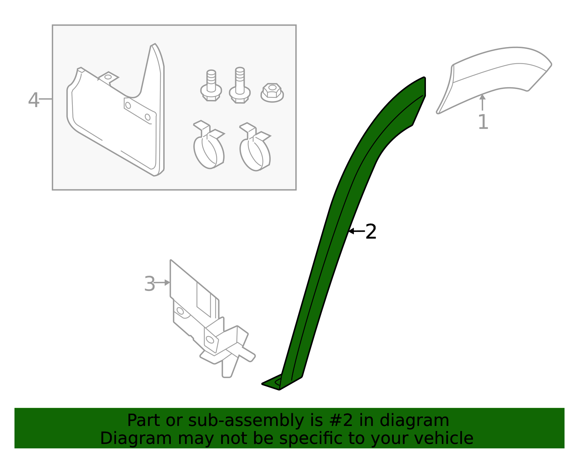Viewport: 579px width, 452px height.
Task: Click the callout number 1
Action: pyautogui.click(x=483, y=122)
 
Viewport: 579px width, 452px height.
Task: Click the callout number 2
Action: pyautogui.click(x=371, y=232)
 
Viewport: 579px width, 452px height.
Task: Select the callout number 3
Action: pyautogui.click(x=149, y=284)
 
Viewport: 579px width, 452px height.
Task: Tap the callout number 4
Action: pyautogui.click(x=33, y=100)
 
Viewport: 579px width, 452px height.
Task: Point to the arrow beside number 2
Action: pyautogui.click(x=356, y=231)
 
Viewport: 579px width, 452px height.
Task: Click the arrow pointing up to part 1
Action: pyautogui.click(x=482, y=102)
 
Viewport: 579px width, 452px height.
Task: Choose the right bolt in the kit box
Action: pyautogui.click(x=240, y=85)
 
